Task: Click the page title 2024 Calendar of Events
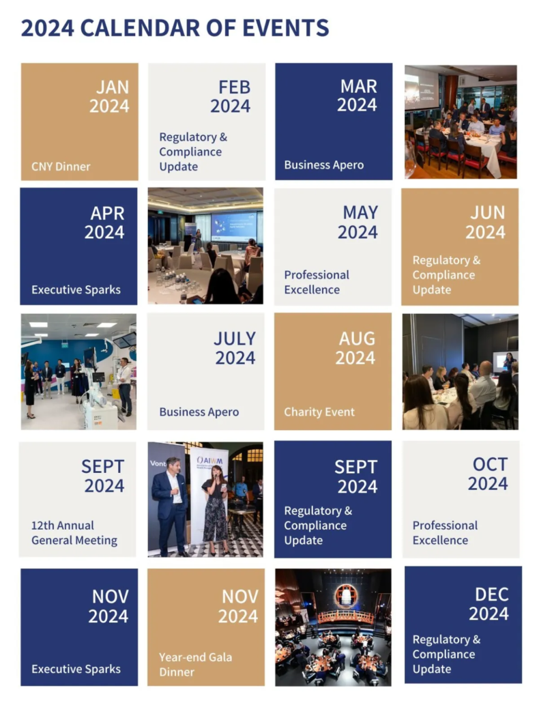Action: [x=175, y=28]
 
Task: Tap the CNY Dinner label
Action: [x=61, y=167]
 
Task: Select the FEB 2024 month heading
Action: [x=231, y=96]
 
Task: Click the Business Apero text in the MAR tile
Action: [x=324, y=165]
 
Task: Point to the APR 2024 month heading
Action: [x=104, y=223]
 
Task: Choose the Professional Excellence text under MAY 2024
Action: [x=317, y=282]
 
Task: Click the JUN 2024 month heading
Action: [x=485, y=223]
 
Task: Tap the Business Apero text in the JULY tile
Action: [x=199, y=412]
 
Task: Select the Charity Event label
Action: [x=319, y=412]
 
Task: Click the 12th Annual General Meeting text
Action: [x=74, y=532]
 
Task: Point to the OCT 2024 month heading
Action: [x=488, y=474]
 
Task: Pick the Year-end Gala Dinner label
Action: [x=195, y=665]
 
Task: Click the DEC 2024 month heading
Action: [x=489, y=604]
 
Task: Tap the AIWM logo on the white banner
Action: [x=209, y=461]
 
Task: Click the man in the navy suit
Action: [x=171, y=506]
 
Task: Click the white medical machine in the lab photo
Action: [x=98, y=399]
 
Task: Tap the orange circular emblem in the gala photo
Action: [x=345, y=596]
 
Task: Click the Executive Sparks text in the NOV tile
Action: [x=76, y=669]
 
